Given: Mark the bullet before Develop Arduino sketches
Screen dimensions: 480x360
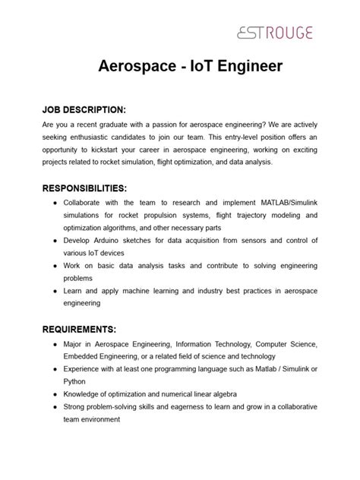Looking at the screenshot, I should pyautogui.click(x=55, y=240).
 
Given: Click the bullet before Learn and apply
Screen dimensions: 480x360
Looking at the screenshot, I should pyautogui.click(x=55, y=290).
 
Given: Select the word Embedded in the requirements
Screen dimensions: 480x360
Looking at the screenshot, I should pyautogui.click(x=84, y=357).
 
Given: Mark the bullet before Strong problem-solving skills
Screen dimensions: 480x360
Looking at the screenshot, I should pyautogui.click(x=55, y=406).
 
